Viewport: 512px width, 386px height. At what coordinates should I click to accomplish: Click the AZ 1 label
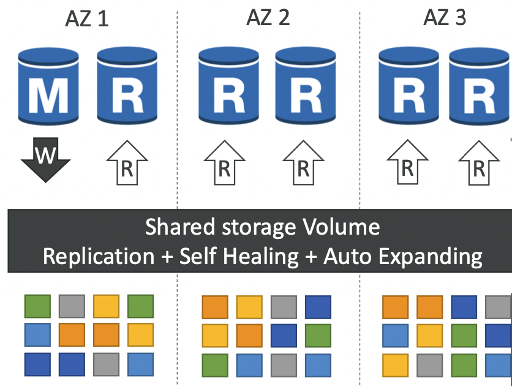pos(87,20)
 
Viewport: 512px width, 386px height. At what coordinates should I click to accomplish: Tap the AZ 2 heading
pos(268,18)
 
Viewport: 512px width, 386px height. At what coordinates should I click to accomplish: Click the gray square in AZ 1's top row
pos(72,305)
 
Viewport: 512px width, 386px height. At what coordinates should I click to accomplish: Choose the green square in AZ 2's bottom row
pos(214,365)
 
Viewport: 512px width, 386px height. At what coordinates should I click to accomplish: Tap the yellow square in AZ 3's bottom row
pos(395,365)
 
